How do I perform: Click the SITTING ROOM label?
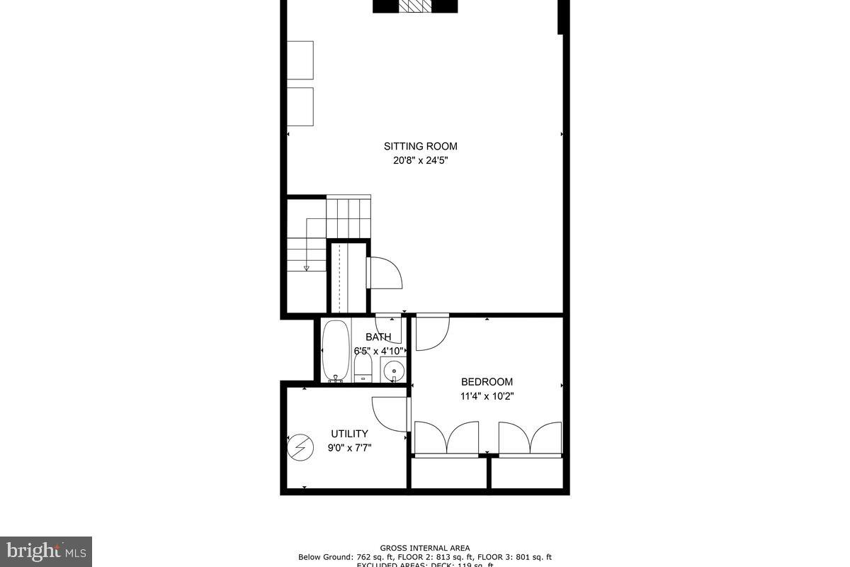421,147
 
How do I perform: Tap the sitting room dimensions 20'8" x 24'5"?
421,161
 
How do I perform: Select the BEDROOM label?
487,382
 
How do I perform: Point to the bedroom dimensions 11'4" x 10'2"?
487,396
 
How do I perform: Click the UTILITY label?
349,434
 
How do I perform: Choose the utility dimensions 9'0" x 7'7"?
349,448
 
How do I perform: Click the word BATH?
378,337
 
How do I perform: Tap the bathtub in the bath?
336,352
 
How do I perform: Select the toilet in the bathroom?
363,367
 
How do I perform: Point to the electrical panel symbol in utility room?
299,447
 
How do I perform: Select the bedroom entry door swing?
431,333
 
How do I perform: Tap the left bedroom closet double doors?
446,438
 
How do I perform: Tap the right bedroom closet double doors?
530,438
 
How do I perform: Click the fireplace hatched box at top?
415,6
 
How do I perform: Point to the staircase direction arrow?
307,267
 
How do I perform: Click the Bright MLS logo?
45,551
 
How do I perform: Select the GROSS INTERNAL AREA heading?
424,548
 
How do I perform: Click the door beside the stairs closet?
383,273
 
